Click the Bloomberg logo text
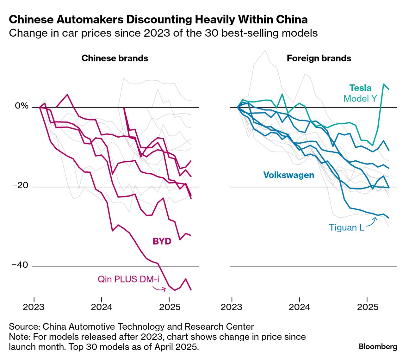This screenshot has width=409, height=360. (x=378, y=346)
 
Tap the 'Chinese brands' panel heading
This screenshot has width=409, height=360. (x=115, y=58)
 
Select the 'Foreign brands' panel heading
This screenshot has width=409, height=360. (x=319, y=58)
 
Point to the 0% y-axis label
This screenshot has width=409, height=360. (x=22, y=106)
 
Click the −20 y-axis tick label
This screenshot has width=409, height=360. (x=20, y=186)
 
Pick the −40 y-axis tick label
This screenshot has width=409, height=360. (x=20, y=265)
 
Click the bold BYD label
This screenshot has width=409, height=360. (x=162, y=241)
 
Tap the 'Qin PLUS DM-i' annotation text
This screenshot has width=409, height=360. (x=128, y=279)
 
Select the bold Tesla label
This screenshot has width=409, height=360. (x=360, y=88)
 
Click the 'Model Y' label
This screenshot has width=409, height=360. (x=360, y=99)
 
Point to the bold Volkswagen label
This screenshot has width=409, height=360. (x=288, y=175)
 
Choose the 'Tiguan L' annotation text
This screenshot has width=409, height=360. (x=346, y=227)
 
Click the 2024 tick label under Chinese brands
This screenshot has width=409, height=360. (x=101, y=307)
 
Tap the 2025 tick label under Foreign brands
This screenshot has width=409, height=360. (x=367, y=307)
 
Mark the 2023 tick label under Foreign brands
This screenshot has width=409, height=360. (x=232, y=307)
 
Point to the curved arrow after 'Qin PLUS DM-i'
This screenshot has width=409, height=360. (x=159, y=288)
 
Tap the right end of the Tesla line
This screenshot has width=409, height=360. (x=389, y=89)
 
